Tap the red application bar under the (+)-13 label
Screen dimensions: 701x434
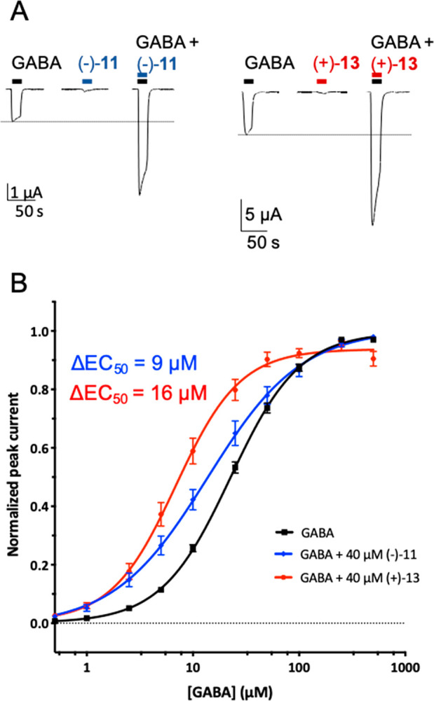[x=322, y=81]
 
